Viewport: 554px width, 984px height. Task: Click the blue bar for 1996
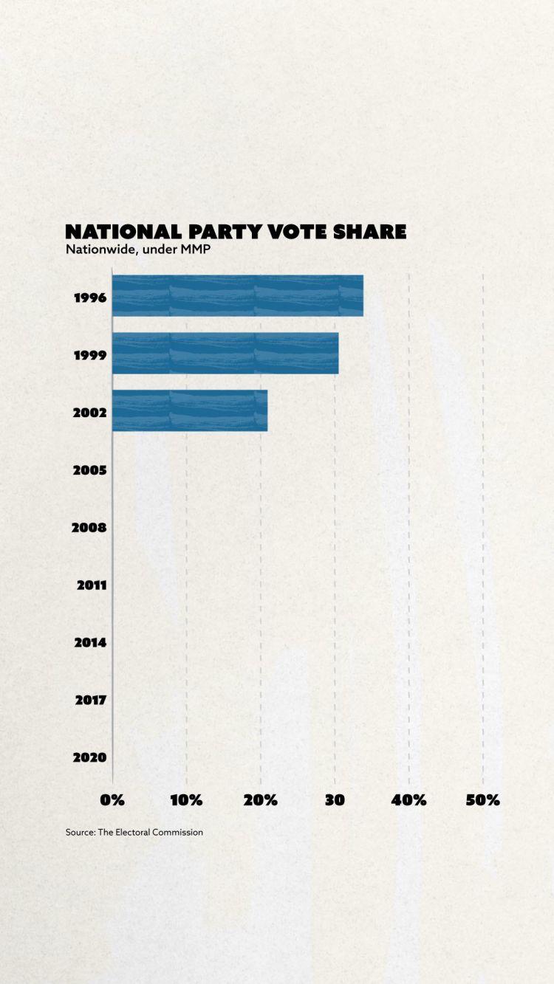[x=237, y=295]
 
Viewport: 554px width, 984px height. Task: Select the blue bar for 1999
[x=225, y=353]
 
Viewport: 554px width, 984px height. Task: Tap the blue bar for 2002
[x=190, y=410]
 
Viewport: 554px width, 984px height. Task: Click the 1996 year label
[x=90, y=298]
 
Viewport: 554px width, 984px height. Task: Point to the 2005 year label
[x=90, y=470]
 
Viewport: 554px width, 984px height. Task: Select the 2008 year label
[x=89, y=528]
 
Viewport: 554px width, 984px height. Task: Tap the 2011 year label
[x=92, y=585]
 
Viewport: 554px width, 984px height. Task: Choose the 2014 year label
[x=90, y=643]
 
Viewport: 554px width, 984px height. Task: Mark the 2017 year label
[x=91, y=700]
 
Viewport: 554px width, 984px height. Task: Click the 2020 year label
[x=90, y=757]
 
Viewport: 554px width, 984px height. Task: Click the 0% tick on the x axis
[x=112, y=800]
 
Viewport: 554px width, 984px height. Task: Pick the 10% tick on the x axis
[x=186, y=800]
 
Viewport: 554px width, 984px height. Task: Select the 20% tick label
[x=261, y=800]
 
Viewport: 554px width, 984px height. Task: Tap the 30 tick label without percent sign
[x=335, y=800]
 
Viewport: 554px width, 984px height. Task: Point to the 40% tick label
[x=409, y=800]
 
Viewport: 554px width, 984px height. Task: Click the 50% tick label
[x=483, y=800]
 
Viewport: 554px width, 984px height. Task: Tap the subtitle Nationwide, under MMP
[x=138, y=250]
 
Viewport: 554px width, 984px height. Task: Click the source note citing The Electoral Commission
[x=134, y=832]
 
